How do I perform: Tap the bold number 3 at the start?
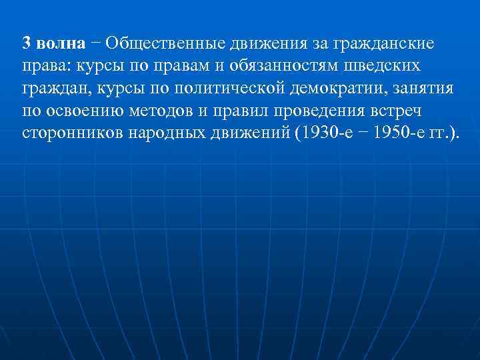(x=27, y=44)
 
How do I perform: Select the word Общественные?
(x=165, y=44)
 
